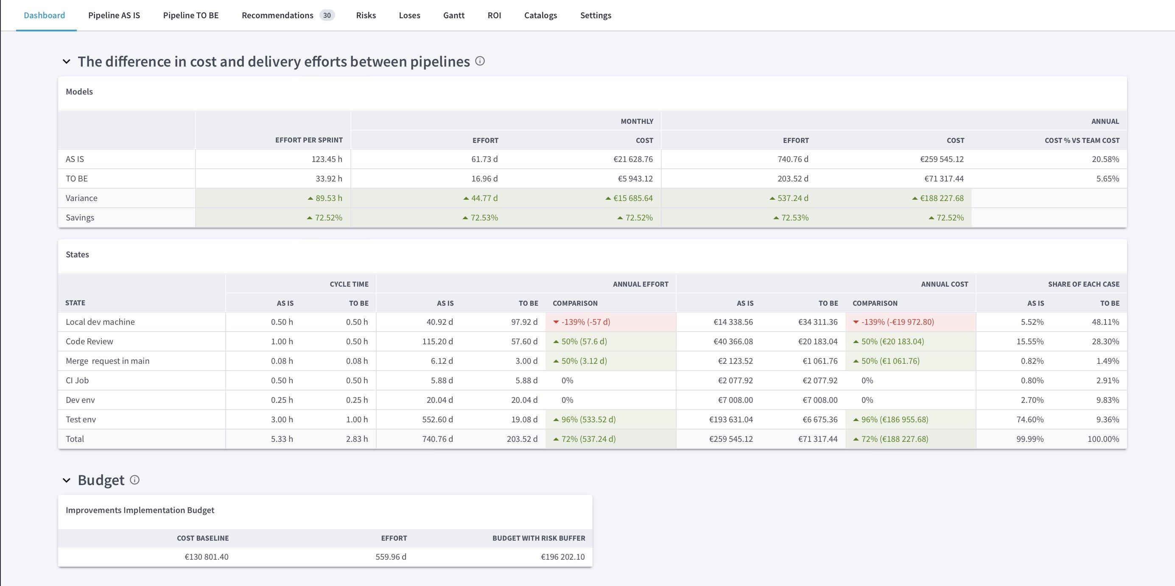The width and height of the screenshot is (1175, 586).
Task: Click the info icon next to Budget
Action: pyautogui.click(x=134, y=480)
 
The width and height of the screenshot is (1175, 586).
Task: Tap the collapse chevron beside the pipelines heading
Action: pyautogui.click(x=67, y=61)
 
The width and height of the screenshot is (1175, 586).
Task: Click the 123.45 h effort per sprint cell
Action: pyautogui.click(x=327, y=159)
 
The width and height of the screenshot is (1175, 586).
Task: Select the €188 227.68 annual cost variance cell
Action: pyautogui.click(x=941, y=198)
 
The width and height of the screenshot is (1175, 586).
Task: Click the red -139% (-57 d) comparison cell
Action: pyautogui.click(x=585, y=322)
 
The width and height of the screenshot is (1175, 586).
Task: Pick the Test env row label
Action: pyautogui.click(x=81, y=419)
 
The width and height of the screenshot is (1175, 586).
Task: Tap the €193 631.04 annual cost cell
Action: pyautogui.click(x=731, y=419)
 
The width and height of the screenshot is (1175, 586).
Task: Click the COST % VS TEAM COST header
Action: pyautogui.click(x=1082, y=140)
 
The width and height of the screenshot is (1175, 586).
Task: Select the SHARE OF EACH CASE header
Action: pyautogui.click(x=1083, y=284)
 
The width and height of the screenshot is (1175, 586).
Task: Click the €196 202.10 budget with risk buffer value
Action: pyautogui.click(x=562, y=557)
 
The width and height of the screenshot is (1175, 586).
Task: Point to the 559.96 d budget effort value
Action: pyautogui.click(x=390, y=557)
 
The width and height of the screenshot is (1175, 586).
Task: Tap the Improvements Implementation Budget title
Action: pyautogui.click(x=140, y=510)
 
